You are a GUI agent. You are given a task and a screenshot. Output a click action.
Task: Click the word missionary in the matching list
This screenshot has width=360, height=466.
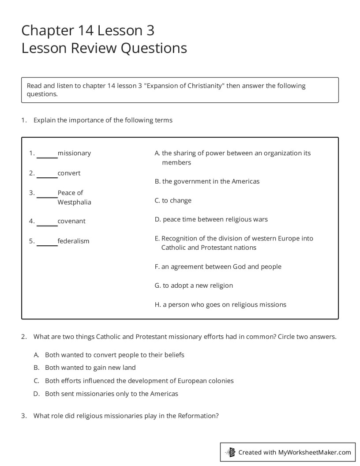pos(74,153)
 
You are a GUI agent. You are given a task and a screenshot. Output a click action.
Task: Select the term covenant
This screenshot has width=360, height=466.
pos(71,221)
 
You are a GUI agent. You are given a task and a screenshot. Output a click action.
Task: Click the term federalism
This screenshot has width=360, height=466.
pos(73,241)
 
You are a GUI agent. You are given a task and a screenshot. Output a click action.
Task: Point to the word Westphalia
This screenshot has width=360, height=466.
pos(74,202)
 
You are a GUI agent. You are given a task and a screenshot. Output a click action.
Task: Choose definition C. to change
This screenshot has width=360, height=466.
pos(173,200)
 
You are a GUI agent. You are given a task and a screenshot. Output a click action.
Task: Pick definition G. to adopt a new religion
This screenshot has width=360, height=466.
pos(194,286)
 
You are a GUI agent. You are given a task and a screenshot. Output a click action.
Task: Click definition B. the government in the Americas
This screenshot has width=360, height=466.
pos(207,181)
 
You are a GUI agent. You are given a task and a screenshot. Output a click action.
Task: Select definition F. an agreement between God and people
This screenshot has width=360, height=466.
pos(218,267)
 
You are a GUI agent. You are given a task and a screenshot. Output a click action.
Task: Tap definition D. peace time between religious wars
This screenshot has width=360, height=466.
pos(211,219)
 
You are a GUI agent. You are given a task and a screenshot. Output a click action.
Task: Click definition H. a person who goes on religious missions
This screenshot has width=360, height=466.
pos(220,304)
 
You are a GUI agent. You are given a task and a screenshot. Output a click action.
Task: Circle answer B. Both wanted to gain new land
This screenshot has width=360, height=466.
pos(90,368)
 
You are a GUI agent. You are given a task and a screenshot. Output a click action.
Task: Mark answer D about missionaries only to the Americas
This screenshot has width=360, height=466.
pos(111,394)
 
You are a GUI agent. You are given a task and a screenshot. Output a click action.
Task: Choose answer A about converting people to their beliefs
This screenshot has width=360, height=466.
pos(114,355)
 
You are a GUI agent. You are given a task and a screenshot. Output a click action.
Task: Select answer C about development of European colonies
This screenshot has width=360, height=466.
pos(139,380)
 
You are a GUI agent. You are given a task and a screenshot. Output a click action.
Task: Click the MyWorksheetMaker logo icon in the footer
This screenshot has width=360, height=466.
pos(230,452)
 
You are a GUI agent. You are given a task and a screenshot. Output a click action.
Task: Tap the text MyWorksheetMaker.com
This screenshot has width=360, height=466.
pos(315,452)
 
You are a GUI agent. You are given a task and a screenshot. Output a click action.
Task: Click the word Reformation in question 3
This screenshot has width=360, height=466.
pos(197,416)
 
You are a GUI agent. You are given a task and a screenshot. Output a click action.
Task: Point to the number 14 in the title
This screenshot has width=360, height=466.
pos(86,30)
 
